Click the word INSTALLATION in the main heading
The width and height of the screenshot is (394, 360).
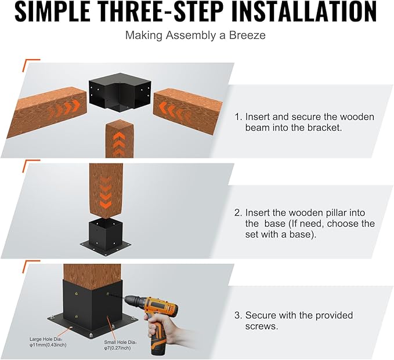(303, 12)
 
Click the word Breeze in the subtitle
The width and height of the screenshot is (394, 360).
(247, 35)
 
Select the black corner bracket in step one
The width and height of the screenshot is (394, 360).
(120, 94)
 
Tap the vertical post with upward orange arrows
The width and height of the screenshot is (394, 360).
(120, 139)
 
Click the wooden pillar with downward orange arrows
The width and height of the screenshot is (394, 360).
(106, 190)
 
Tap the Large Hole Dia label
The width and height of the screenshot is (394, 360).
(48, 342)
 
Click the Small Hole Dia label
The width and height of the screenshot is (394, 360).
(121, 345)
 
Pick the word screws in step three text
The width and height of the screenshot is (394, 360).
(262, 326)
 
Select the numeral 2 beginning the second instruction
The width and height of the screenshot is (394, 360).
(238, 213)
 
